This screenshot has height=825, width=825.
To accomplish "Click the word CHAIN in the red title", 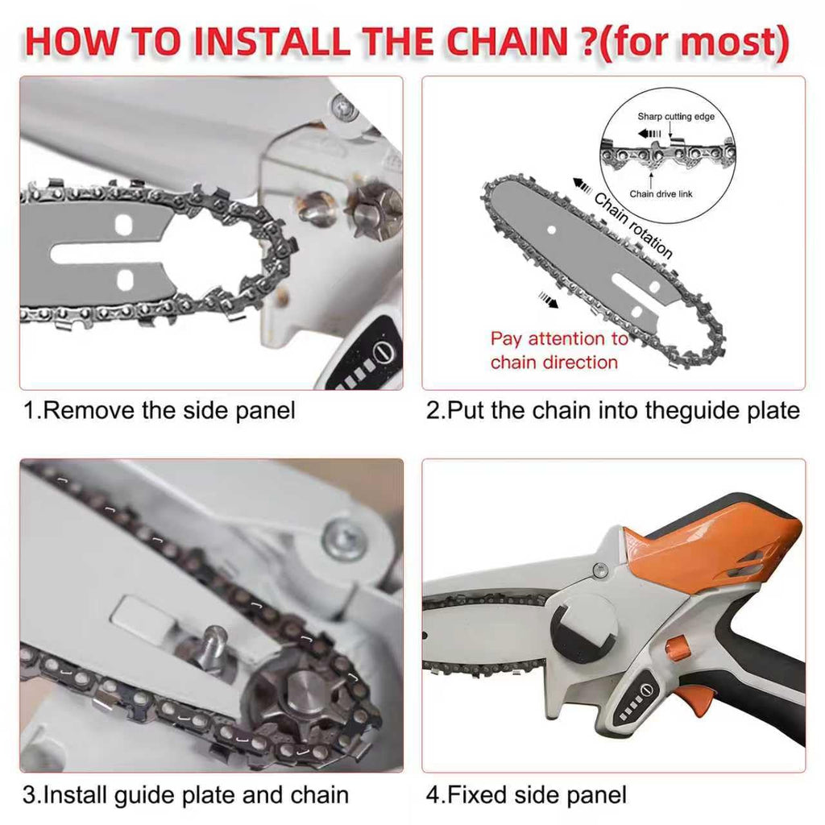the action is pyautogui.click(x=507, y=40).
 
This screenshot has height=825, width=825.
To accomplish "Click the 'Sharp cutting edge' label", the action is pyautogui.click(x=676, y=116).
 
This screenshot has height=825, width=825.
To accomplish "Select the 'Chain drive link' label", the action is pyautogui.click(x=661, y=194).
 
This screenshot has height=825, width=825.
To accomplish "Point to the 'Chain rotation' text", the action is pyautogui.click(x=633, y=226).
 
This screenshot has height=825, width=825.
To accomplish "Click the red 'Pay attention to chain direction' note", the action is pyautogui.click(x=559, y=350).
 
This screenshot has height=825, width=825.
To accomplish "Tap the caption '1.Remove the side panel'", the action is pyautogui.click(x=159, y=410).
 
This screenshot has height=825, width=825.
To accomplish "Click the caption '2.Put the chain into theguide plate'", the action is pyautogui.click(x=613, y=410).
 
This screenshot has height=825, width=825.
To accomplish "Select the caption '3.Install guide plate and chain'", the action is pyautogui.click(x=186, y=795).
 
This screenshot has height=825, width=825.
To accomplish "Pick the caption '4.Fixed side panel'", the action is pyautogui.click(x=526, y=794).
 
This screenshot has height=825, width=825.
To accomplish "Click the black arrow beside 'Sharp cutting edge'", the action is pyautogui.click(x=649, y=134).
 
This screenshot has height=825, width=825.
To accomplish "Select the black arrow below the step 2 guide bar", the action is pyautogui.click(x=548, y=301).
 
